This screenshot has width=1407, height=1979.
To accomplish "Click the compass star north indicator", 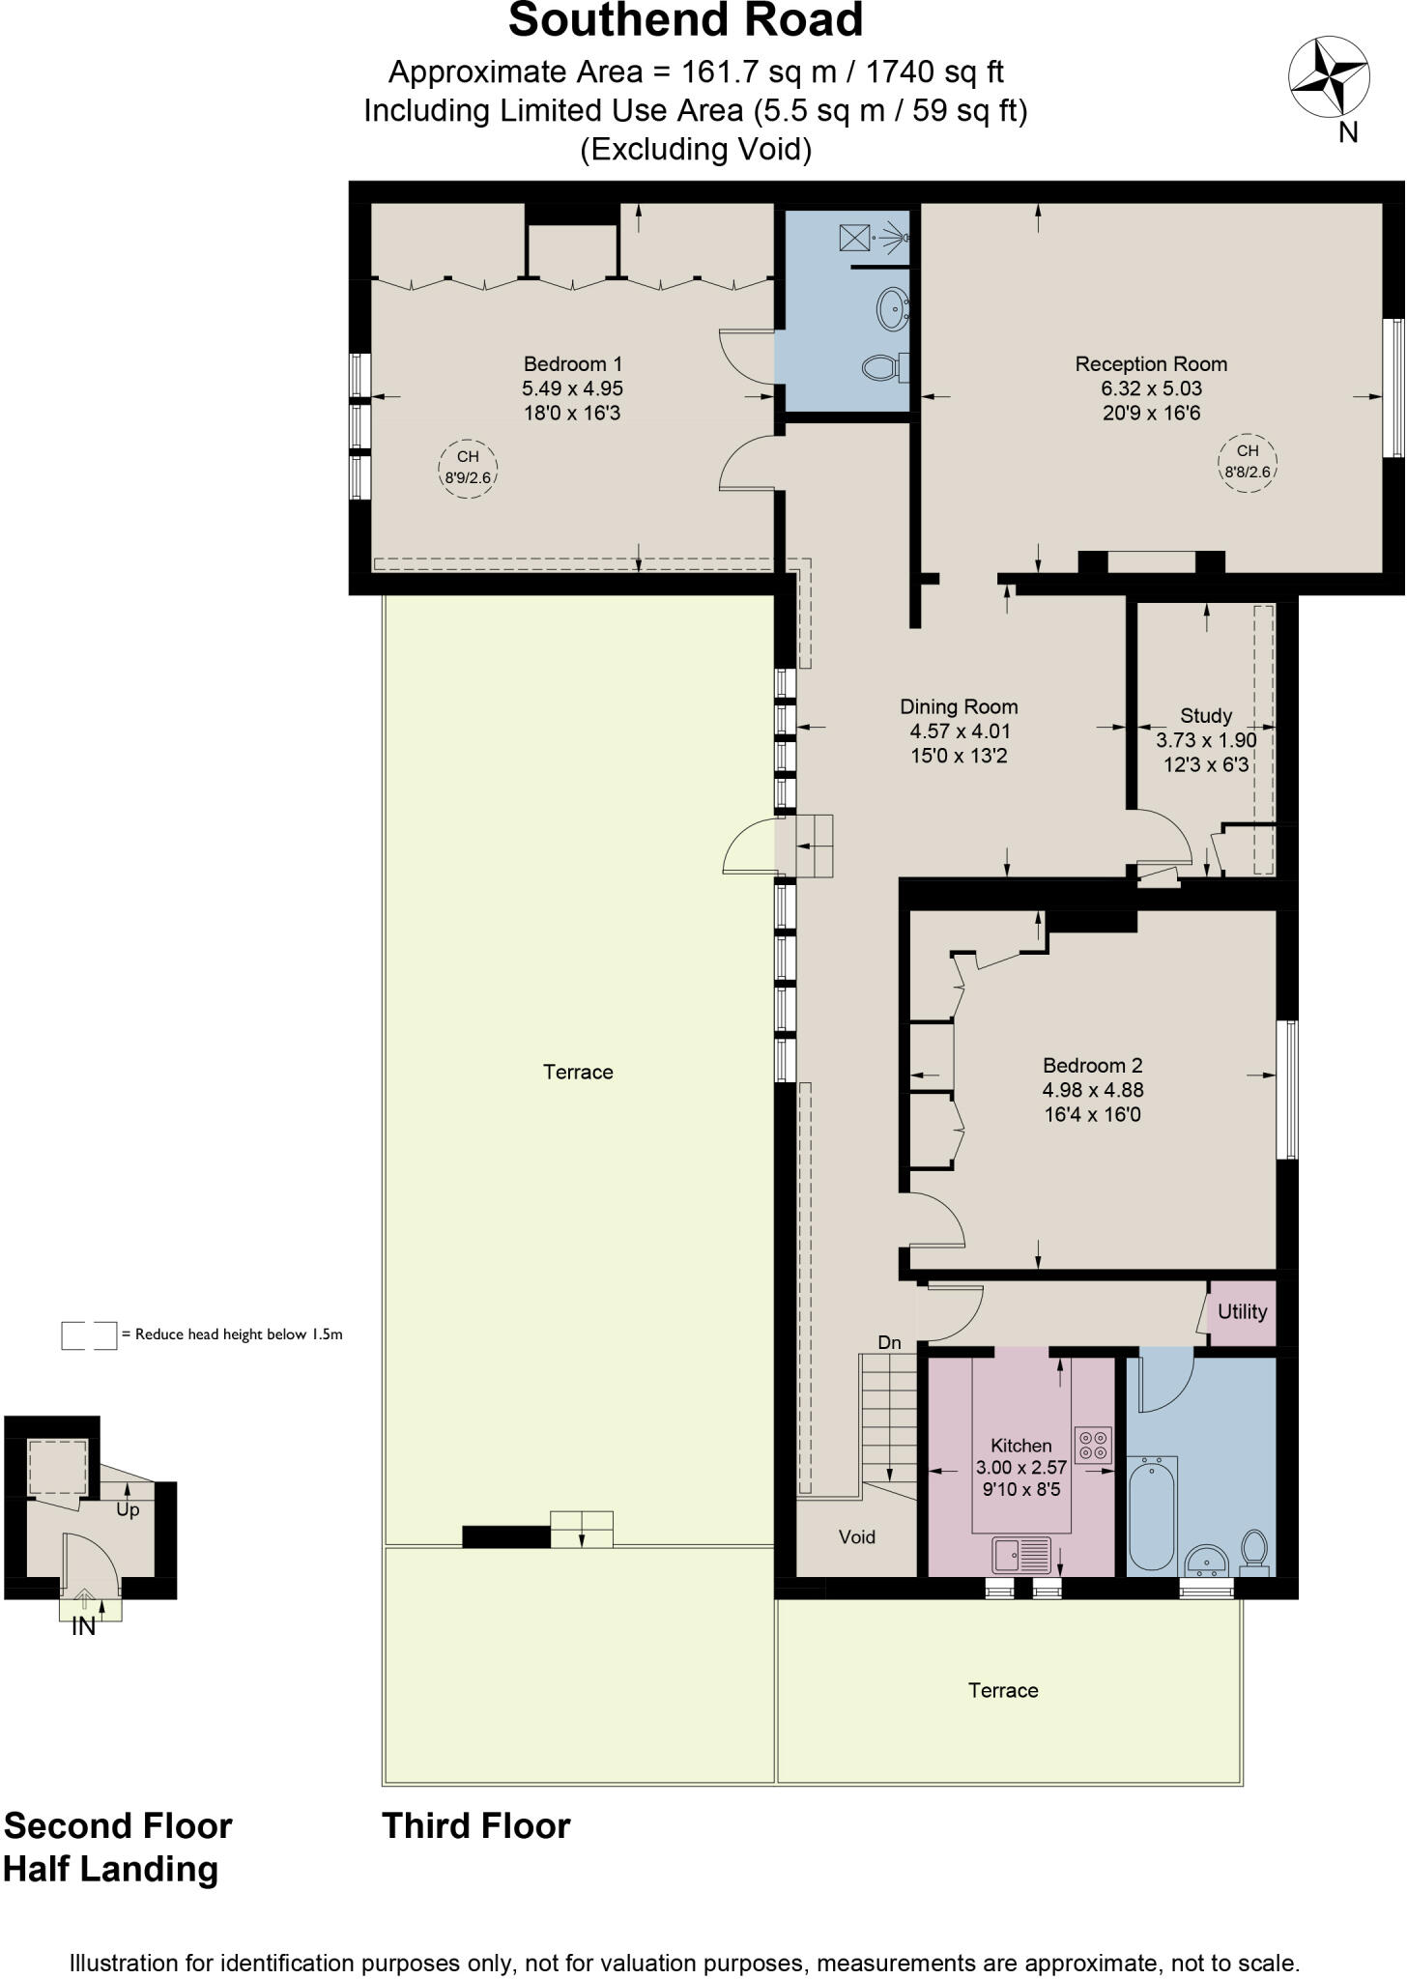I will (x=1328, y=76).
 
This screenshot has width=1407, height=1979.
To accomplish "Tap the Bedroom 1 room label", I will (x=572, y=364).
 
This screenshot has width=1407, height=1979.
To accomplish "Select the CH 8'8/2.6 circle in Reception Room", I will (x=1247, y=463).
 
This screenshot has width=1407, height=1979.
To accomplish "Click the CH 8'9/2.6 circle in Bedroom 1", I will (x=468, y=468).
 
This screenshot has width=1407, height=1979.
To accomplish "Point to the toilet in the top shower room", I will (x=882, y=366).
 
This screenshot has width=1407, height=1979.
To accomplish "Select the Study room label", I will (x=1205, y=716).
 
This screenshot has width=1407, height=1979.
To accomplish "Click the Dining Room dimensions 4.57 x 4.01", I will (x=960, y=731).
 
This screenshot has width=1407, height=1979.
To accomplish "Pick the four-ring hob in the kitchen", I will (x=1093, y=1445).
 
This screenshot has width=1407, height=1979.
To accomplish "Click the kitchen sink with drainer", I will (x=1022, y=1555).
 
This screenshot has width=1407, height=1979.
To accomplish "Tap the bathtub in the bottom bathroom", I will (x=1152, y=1513).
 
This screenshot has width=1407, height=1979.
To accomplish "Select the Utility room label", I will (x=1242, y=1312).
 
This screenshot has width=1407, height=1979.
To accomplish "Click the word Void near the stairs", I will (x=856, y=1537).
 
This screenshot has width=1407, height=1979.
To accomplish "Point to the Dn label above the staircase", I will (x=889, y=1343).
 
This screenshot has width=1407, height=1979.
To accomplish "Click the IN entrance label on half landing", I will (x=84, y=1627).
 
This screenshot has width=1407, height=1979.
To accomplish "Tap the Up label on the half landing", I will (x=128, y=1510).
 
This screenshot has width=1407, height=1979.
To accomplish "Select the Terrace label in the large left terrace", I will (x=578, y=1072).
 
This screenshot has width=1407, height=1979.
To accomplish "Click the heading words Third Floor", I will (x=476, y=1826).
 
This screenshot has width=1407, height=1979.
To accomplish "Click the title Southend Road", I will (x=685, y=21).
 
